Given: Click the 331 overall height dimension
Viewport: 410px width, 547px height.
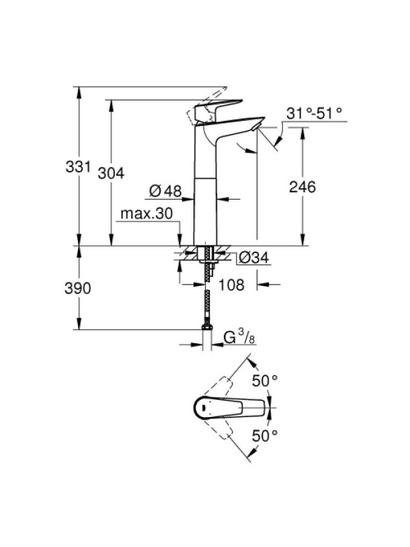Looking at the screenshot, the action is pos(78,167).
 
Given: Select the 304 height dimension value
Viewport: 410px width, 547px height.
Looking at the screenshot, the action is pos(111,173).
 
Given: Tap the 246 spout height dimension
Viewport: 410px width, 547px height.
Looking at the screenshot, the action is pos(302,187).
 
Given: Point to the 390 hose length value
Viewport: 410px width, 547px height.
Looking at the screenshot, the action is pos(77,288).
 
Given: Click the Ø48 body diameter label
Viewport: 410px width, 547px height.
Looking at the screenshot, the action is pos(166,191).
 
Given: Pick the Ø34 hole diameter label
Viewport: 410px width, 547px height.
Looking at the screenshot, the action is pos(254,258).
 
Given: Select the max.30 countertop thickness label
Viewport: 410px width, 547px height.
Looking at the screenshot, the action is pos(146,213).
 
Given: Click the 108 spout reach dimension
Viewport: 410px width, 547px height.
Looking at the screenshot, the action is pos(231,284).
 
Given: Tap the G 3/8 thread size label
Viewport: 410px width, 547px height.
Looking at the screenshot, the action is pos(238,337).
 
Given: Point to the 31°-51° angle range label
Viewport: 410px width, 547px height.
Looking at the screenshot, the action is pos(314,113).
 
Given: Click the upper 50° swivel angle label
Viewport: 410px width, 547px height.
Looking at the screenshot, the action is pos(265,380).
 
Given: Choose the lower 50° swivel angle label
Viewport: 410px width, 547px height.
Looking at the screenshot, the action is pos(265,436).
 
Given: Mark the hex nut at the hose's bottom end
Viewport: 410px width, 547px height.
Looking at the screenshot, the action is pos(207,327).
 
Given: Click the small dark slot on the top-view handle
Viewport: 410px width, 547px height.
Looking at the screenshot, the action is pos(202,408).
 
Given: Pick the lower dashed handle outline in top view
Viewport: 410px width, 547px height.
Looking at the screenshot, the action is pos(218,429).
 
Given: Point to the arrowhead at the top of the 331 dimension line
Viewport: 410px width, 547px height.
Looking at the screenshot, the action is pos(79,92).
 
